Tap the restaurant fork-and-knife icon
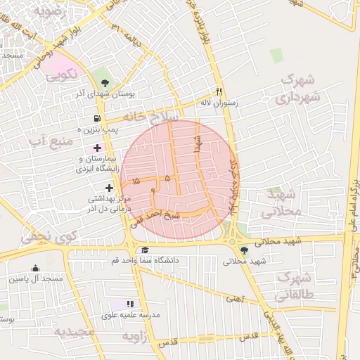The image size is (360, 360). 219,91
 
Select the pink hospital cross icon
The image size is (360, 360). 97,148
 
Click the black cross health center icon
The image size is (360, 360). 109,188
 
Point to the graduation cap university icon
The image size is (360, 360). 145,250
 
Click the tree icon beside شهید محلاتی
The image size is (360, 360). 244,250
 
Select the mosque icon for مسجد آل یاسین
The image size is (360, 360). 35,268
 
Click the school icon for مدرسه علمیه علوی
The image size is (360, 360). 129,304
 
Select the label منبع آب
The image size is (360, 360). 51,142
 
